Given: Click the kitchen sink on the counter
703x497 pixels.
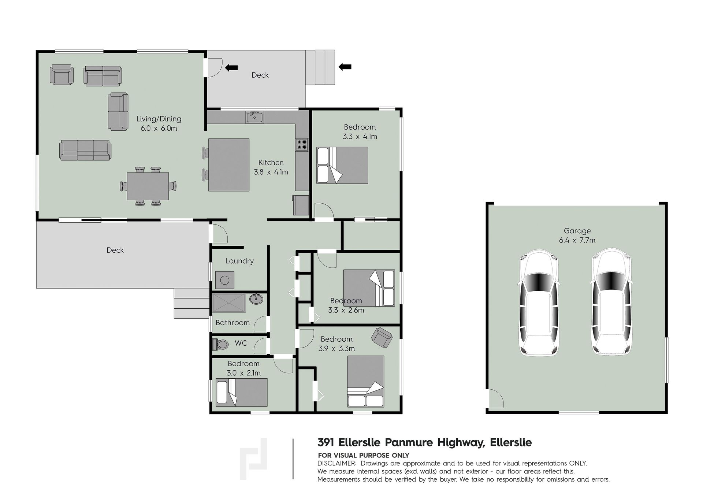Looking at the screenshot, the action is click(x=254, y=117).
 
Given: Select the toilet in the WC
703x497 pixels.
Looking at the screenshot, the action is click(x=220, y=344).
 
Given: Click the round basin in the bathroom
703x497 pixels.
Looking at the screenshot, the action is click(x=256, y=299).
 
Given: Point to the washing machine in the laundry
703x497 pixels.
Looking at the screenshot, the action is click(x=224, y=281).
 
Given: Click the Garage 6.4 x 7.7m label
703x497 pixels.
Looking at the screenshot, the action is click(x=577, y=235).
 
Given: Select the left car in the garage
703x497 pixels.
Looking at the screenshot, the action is click(x=539, y=302).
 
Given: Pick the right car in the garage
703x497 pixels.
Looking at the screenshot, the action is click(x=611, y=302).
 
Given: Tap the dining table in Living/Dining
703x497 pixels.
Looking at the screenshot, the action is click(x=148, y=186).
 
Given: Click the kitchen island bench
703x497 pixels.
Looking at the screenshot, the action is click(x=229, y=165).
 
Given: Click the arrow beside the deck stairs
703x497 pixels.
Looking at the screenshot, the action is click(x=345, y=67).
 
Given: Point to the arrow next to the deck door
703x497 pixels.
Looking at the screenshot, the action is click(x=231, y=67).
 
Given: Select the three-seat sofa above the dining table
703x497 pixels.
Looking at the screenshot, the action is click(x=85, y=150).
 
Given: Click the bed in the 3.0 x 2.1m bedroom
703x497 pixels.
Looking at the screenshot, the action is click(x=241, y=392).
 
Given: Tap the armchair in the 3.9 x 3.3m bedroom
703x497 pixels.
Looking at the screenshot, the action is click(x=382, y=337).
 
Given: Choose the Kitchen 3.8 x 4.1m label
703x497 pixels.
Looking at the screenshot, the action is click(x=271, y=167).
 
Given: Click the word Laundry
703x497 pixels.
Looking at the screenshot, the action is click(x=239, y=261).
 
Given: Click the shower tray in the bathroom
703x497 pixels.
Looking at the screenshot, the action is click(x=229, y=303).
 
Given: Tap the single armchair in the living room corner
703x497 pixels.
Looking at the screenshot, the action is click(x=62, y=74).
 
